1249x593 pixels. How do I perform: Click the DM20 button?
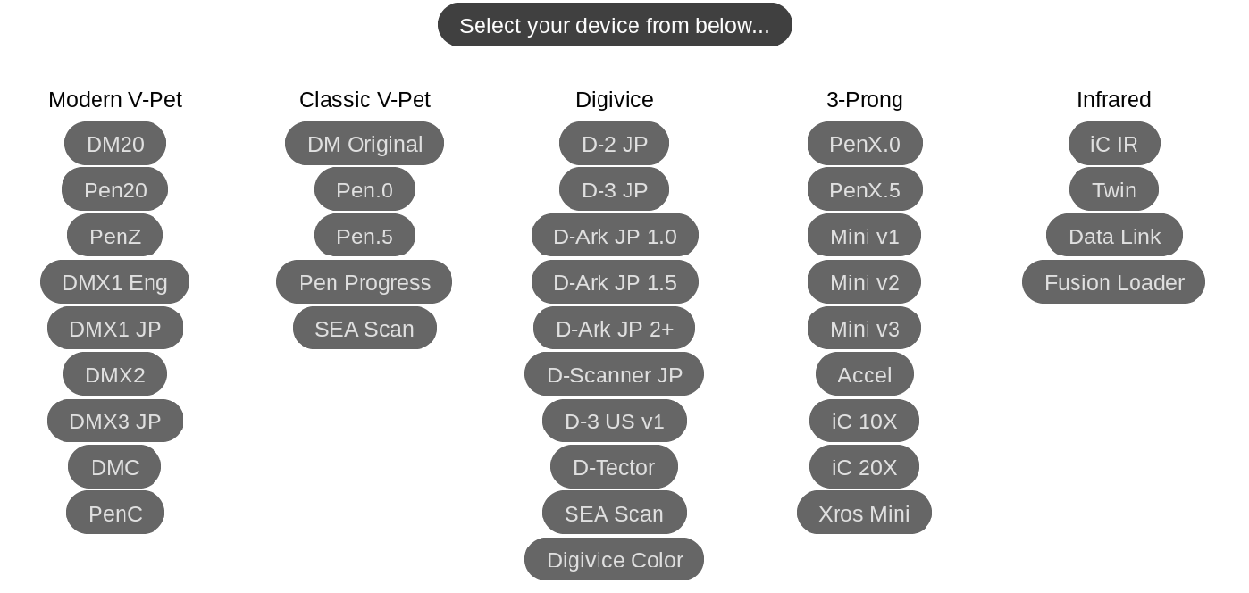115,144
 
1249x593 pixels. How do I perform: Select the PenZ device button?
115,236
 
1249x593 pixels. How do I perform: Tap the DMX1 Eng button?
115,282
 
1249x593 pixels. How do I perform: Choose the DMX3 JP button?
115,421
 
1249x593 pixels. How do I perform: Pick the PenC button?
115,514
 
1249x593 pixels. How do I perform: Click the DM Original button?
365,144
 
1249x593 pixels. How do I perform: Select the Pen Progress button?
365,282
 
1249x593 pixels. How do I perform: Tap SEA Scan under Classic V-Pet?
365,329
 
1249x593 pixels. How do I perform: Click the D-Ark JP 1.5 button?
615,282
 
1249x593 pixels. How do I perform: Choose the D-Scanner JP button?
615,374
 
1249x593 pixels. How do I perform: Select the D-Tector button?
615,467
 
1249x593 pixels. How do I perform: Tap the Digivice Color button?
615,560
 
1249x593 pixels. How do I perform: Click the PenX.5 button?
865,190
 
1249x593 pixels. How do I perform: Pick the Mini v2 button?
865,282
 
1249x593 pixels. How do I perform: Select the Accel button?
865,374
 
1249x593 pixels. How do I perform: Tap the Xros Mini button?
865,514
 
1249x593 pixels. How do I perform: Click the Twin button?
1114,190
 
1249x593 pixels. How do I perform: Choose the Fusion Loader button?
1114,282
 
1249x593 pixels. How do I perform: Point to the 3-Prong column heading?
865,99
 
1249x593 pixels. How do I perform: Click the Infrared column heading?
1114,99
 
